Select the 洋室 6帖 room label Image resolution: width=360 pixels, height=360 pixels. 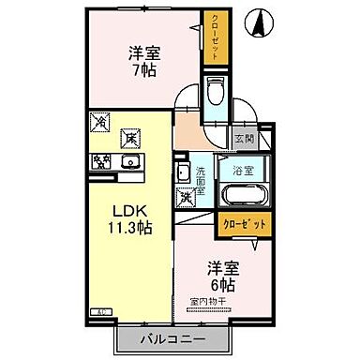tap(221, 273)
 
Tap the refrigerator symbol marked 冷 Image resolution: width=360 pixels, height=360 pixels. tap(100, 122)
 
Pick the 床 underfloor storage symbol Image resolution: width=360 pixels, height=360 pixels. tap(131, 137)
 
